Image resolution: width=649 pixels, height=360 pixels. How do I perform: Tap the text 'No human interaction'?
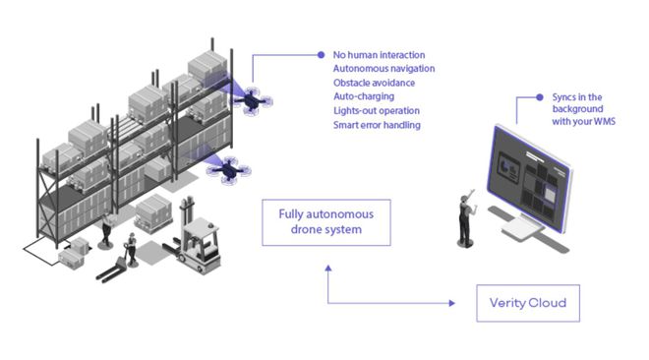(379, 55)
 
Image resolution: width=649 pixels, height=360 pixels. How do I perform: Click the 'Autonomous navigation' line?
(383, 69)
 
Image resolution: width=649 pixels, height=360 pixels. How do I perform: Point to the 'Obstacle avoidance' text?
(374, 83)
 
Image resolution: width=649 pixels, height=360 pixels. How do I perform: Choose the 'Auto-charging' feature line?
(364, 96)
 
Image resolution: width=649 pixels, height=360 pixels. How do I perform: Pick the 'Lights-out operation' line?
(377, 111)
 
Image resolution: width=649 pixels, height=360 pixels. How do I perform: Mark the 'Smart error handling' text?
(377, 125)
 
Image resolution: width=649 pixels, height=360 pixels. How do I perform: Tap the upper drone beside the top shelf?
(251, 100)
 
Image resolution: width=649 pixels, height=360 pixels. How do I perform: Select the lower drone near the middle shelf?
(228, 169)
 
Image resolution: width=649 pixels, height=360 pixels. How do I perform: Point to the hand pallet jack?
(111, 270)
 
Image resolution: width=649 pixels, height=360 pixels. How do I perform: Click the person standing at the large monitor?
(466, 219)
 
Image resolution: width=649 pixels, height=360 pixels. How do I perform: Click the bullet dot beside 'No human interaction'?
(321, 55)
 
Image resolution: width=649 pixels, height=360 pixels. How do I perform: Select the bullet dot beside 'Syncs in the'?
(539, 97)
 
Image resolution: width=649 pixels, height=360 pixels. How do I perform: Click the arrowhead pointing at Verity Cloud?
(452, 303)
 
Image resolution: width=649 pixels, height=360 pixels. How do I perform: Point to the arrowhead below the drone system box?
(328, 269)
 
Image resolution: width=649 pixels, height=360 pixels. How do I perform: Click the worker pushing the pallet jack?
(131, 249)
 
